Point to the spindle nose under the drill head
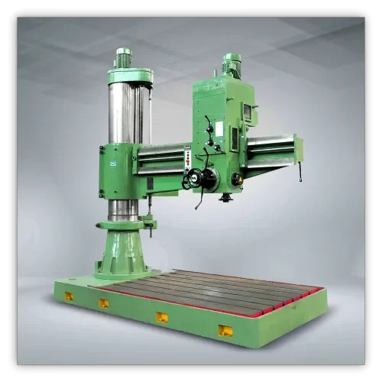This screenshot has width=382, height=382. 226,197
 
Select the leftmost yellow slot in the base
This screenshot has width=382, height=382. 68,296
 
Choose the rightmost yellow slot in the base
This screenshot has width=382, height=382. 225,330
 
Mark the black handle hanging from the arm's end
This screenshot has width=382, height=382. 299,172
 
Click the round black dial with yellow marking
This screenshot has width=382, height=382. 237,179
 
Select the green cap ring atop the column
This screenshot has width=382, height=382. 129,76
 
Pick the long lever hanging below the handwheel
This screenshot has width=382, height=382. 200,200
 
